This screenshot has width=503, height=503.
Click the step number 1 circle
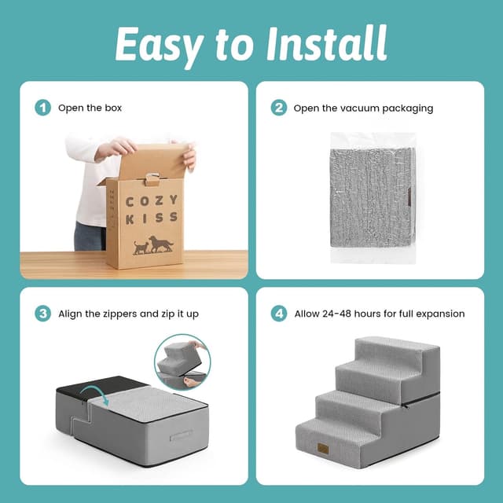pos(42,108)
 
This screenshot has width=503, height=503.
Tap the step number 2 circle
pos(278,108)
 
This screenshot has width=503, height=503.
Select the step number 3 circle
pos(42,314)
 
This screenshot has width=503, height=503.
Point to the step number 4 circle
pos(278,314)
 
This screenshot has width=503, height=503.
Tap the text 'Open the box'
pos(90,108)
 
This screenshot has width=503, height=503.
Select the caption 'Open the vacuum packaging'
pos(363,108)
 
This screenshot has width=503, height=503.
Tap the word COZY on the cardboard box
pos(152,201)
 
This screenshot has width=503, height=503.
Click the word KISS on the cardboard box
pos(152,218)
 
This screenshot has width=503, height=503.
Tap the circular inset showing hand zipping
pos(182,362)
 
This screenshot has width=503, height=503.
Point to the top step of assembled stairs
pos(393,347)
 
